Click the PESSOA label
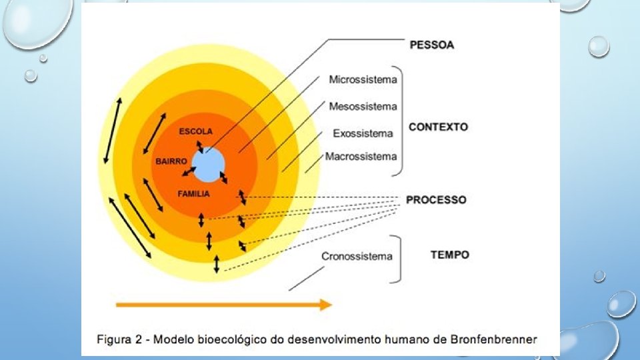(431, 45)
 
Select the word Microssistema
(363, 80)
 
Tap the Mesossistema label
(363, 106)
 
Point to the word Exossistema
(363, 133)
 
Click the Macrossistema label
(361, 156)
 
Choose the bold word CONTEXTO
(438, 127)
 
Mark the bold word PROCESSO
(436, 199)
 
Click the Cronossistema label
(357, 256)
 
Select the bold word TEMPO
(449, 255)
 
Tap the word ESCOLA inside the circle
(195, 131)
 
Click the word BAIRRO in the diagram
(171, 161)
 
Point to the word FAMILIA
(193, 194)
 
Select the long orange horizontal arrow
(224, 305)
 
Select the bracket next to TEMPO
(398, 259)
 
